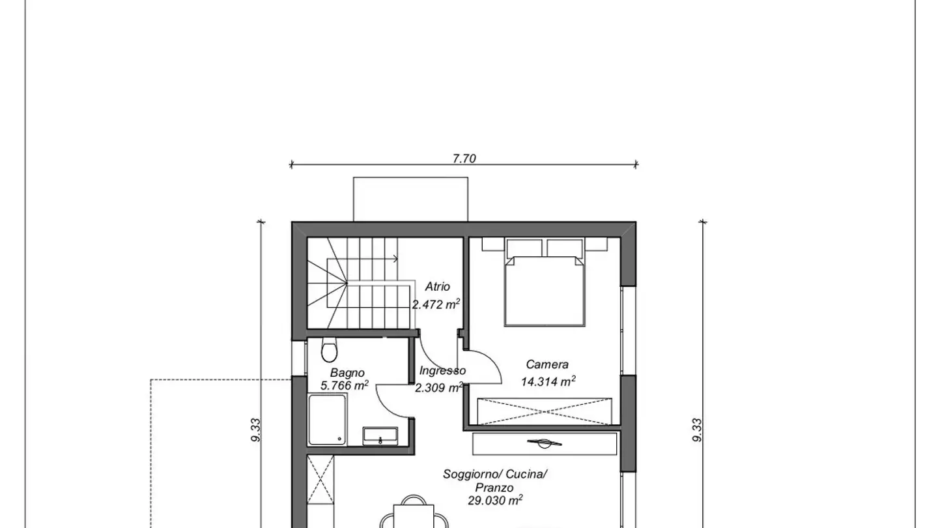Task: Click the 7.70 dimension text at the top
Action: point(464,158)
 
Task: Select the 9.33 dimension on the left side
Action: point(257,430)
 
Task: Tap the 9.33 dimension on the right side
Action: point(696,430)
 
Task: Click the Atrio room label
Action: point(437,287)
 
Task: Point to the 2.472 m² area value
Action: point(436,304)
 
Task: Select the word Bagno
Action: point(347,373)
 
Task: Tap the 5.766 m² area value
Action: point(345,385)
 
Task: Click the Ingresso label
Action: point(442,371)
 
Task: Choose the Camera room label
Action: point(547,365)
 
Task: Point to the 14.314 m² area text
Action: point(548,381)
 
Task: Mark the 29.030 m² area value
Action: point(495,501)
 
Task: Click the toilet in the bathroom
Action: point(330,351)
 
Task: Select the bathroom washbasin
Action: point(380,435)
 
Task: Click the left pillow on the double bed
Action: point(526,248)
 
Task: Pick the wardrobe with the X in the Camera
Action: point(545,411)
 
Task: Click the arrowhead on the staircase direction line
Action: point(396,259)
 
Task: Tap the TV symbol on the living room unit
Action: point(545,444)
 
